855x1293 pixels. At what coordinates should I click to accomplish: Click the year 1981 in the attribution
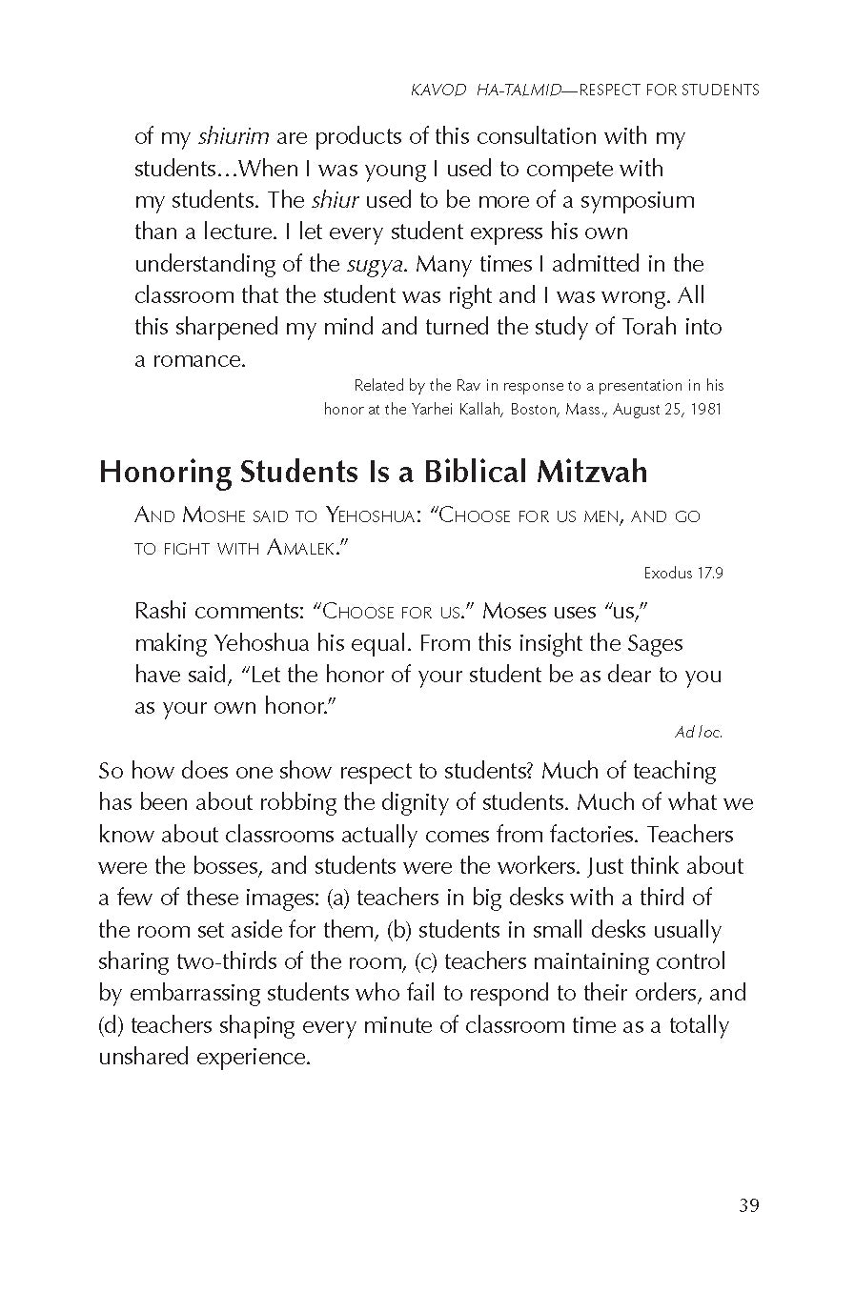pyautogui.click(x=705, y=410)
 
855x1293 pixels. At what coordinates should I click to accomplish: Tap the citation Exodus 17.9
pyautogui.click(x=683, y=574)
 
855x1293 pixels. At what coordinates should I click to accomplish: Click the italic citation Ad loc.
pyautogui.click(x=699, y=732)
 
